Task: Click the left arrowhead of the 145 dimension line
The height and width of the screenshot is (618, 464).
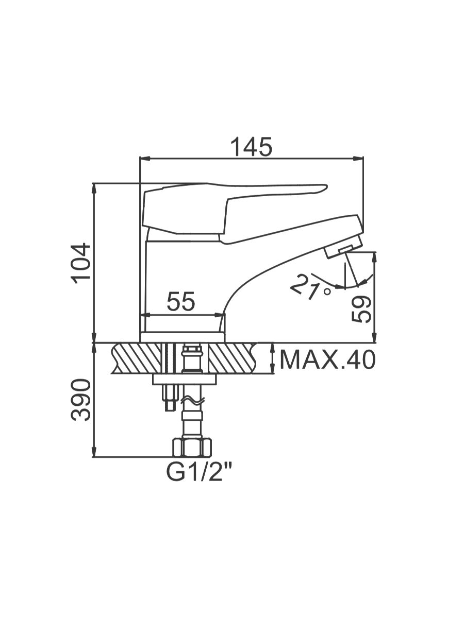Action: point(144,159)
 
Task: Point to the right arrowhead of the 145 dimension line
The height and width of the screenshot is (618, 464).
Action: point(359,159)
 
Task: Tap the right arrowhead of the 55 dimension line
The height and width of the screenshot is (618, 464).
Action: point(220,315)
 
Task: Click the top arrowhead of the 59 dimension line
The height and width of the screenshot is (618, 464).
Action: point(374,257)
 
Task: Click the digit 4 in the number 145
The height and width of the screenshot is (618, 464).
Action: point(251,147)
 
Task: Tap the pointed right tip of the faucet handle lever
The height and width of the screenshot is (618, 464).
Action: point(327,186)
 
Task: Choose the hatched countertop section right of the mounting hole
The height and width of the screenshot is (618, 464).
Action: point(233,358)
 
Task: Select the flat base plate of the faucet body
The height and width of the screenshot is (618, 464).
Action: point(183,337)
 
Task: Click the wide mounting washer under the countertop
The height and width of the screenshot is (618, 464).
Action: point(185,379)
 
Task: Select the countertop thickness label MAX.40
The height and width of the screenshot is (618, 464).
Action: point(328,359)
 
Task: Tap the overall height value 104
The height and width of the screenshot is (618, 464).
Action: point(81,264)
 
